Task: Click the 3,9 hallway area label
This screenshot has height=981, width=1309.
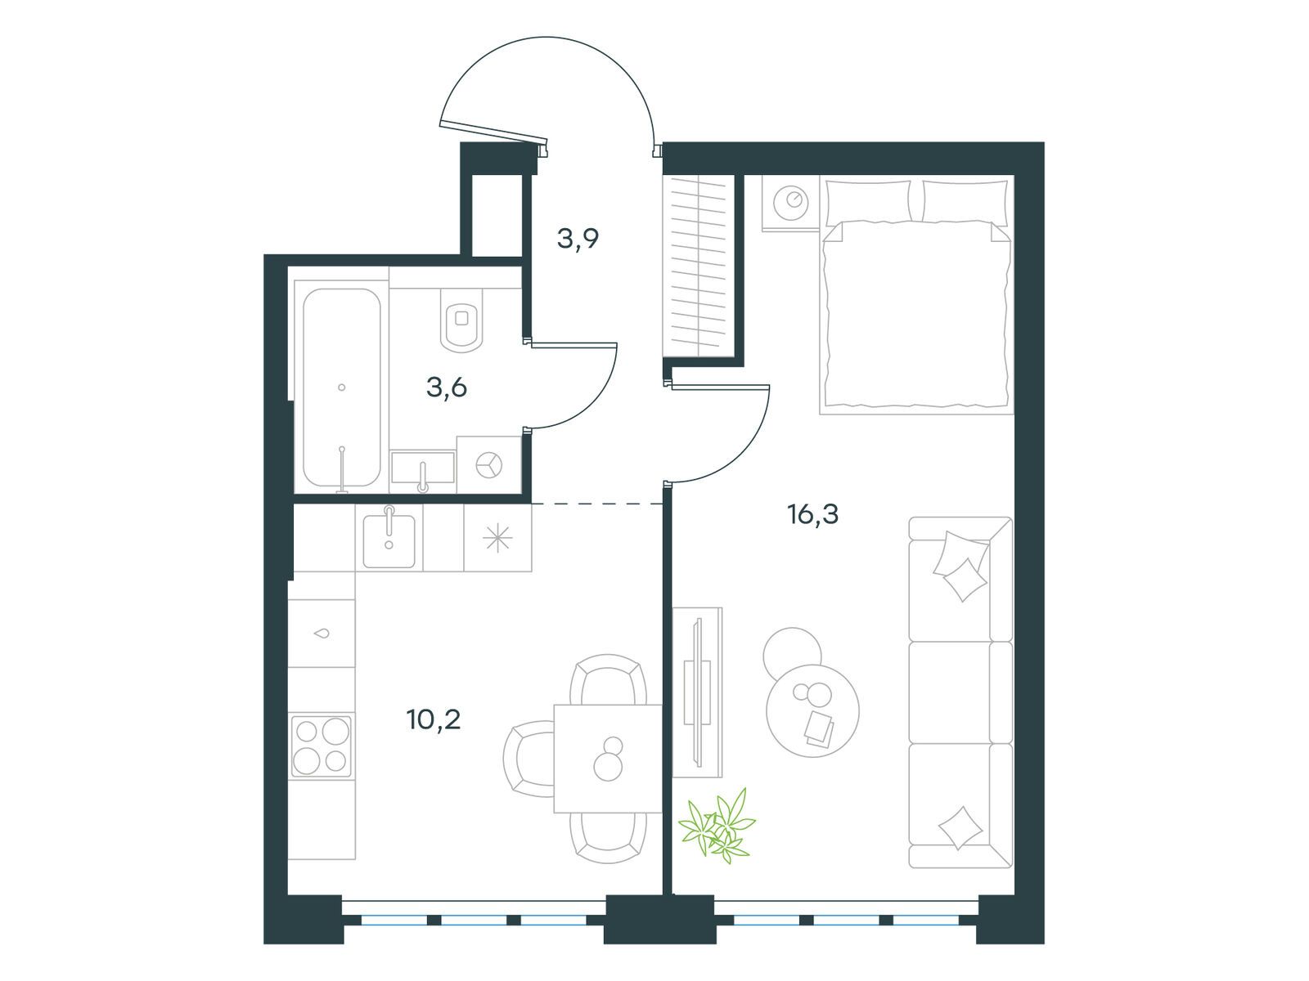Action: tap(578, 239)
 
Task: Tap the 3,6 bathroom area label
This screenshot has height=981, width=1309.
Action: tap(446, 387)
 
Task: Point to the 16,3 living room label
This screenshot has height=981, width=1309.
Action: tap(813, 514)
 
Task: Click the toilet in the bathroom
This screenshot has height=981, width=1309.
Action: tap(461, 320)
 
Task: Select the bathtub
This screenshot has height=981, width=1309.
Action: tap(342, 387)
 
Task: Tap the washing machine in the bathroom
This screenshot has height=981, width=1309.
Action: tap(489, 464)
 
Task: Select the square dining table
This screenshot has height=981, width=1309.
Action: tap(608, 759)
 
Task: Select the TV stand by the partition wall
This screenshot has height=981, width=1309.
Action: tap(697, 692)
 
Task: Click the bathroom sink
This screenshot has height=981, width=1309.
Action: tap(423, 468)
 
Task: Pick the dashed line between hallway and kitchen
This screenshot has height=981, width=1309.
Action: tap(597, 504)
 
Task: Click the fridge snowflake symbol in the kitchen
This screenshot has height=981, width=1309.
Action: tap(497, 539)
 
